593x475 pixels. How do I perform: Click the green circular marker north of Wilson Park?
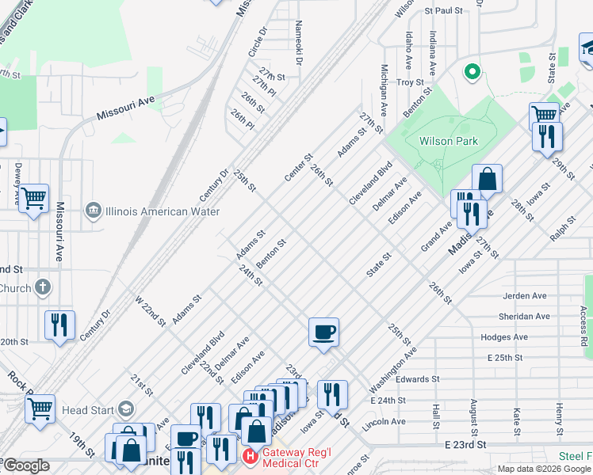coord(472,73)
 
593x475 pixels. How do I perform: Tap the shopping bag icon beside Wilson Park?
coord(487,179)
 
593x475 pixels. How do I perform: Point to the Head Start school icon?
coord(124,409)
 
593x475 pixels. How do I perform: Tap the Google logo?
coord(26,465)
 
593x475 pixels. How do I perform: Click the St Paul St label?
coord(443,11)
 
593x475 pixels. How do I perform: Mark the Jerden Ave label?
coord(525,295)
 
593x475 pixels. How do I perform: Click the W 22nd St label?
coord(150,311)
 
